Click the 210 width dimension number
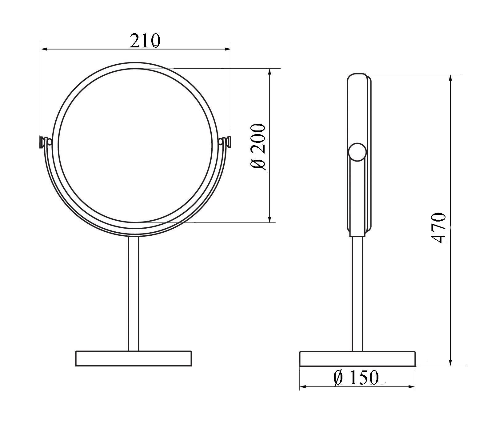[x=145, y=41]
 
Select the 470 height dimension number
[x=438, y=228]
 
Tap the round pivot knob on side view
[x=357, y=152]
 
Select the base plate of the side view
[x=357, y=359]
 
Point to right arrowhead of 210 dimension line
[x=228, y=49]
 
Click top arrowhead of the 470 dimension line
[x=451, y=78]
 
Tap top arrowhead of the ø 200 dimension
[x=270, y=72]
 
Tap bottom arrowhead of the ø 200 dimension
[x=270, y=219]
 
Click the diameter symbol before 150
[x=338, y=378]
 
